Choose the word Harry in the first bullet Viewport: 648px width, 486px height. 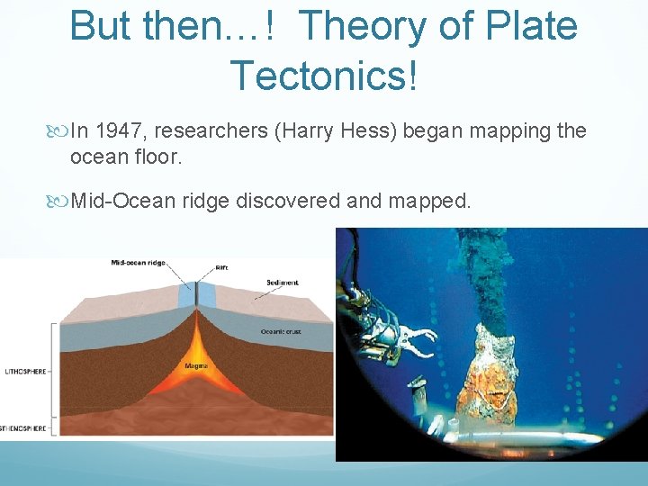click(311, 131)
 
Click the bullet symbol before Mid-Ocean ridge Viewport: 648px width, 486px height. click(59, 200)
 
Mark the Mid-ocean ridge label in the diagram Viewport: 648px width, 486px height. click(136, 264)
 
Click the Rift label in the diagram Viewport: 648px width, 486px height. click(221, 267)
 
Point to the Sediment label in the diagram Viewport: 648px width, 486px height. click(282, 283)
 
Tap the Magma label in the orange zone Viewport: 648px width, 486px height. click(196, 365)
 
